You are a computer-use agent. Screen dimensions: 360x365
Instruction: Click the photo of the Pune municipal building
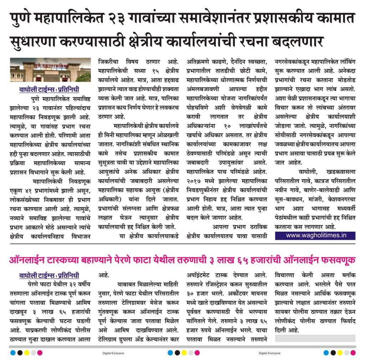coord(50,70)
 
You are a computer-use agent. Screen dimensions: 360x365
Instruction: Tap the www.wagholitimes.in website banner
coord(315,235)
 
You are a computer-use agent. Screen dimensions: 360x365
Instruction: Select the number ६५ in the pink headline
coord(246,260)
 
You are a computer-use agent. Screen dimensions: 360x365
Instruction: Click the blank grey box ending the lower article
coord(315,338)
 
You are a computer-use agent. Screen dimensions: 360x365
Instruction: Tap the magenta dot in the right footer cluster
coord(353,353)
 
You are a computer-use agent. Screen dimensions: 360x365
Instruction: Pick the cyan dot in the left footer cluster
coord(13,353)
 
